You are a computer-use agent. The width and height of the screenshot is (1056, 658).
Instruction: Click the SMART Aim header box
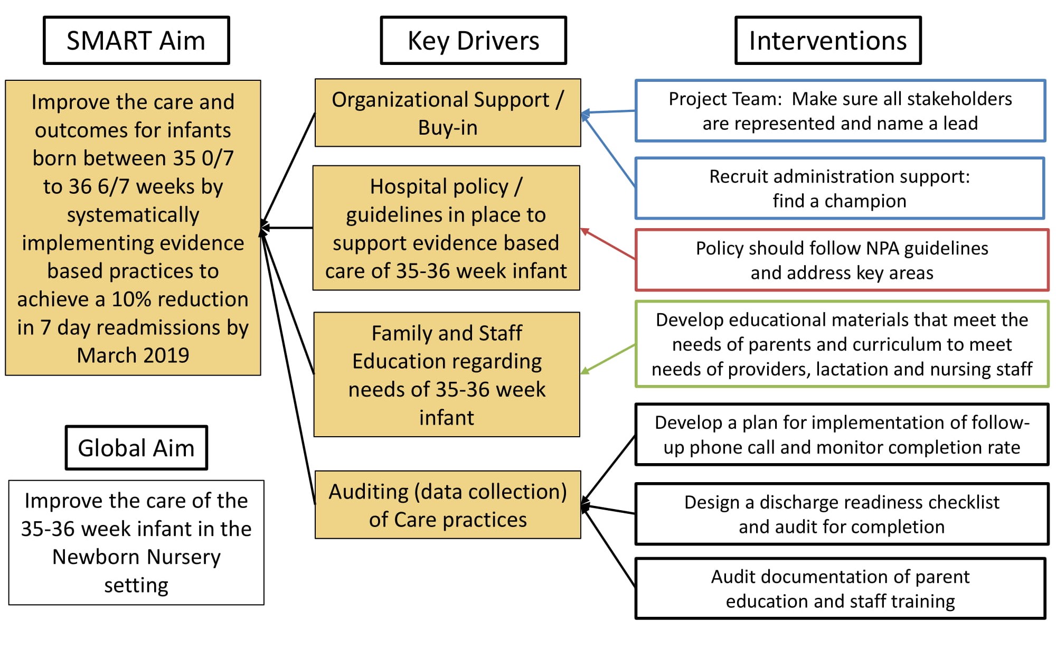point(136,41)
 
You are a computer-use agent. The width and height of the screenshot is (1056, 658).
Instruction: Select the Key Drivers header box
point(473,41)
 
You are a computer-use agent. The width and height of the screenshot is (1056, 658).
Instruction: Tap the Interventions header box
point(827,41)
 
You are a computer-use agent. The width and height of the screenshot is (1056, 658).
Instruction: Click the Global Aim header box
point(136,448)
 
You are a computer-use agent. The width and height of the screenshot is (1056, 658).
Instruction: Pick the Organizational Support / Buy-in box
point(447,113)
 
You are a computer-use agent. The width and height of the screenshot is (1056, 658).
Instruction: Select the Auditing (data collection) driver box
point(447,505)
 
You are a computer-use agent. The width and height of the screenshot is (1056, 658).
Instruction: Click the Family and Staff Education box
point(446,374)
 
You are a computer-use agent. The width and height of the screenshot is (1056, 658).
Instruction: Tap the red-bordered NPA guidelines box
point(842,260)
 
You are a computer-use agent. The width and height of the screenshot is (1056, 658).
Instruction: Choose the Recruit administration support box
point(840,188)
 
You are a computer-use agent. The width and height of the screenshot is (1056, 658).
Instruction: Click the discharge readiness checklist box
point(842,514)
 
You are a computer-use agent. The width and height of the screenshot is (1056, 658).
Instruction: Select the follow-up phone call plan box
point(842,435)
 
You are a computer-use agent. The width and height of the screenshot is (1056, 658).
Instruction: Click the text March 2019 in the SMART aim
point(133,355)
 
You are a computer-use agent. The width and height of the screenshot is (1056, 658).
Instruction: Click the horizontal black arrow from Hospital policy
point(288,228)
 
